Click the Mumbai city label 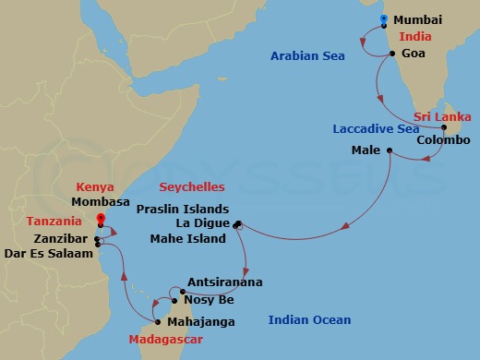click(417, 19)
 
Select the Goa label click(413, 54)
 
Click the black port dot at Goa click(393, 54)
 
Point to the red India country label click(414, 37)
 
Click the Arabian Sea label click(307, 56)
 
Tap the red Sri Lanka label click(442, 117)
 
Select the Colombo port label click(443, 140)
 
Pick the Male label click(366, 150)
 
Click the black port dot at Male click(390, 150)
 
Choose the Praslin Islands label click(181, 209)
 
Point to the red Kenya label click(95, 186)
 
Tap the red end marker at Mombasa click(101, 218)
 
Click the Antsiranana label click(224, 282)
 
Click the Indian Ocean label click(309, 320)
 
